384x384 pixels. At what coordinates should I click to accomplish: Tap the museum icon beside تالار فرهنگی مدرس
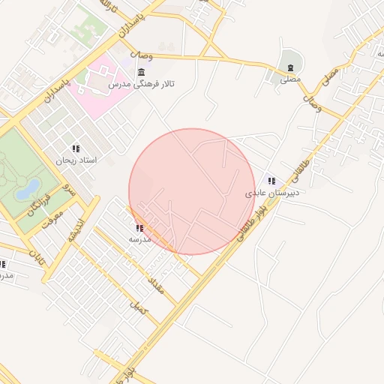tap(142, 72)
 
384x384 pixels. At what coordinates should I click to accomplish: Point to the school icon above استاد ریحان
tap(76, 148)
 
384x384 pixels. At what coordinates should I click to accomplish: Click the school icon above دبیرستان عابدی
tap(271, 181)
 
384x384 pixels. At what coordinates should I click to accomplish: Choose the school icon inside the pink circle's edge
tap(139, 227)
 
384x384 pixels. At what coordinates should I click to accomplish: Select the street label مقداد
tap(153, 283)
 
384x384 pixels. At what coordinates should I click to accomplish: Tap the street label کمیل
tap(139, 305)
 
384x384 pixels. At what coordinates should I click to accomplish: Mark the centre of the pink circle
tap(193, 191)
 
